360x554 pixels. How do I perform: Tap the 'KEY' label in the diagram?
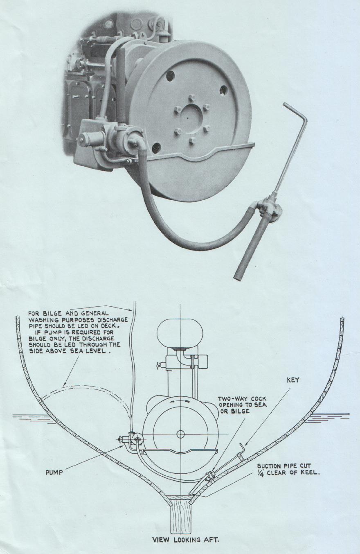(x=292, y=380)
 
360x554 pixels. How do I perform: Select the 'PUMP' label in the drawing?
(x=54, y=473)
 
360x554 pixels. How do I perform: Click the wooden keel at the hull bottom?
(x=181, y=516)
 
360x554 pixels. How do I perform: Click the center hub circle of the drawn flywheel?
(x=181, y=434)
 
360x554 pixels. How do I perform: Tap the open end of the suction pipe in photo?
(x=237, y=277)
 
